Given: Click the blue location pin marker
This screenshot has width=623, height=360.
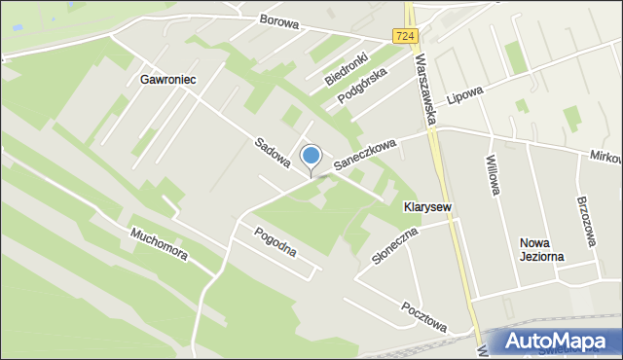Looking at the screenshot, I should tap(311, 157).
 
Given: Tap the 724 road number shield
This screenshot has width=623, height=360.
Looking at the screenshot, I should tap(407, 35).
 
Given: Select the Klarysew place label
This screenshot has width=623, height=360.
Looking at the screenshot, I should tap(427, 207).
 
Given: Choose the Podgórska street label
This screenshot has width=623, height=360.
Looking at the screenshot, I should tap(363, 86).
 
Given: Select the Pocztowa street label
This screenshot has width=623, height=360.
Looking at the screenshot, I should tap(423, 313).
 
